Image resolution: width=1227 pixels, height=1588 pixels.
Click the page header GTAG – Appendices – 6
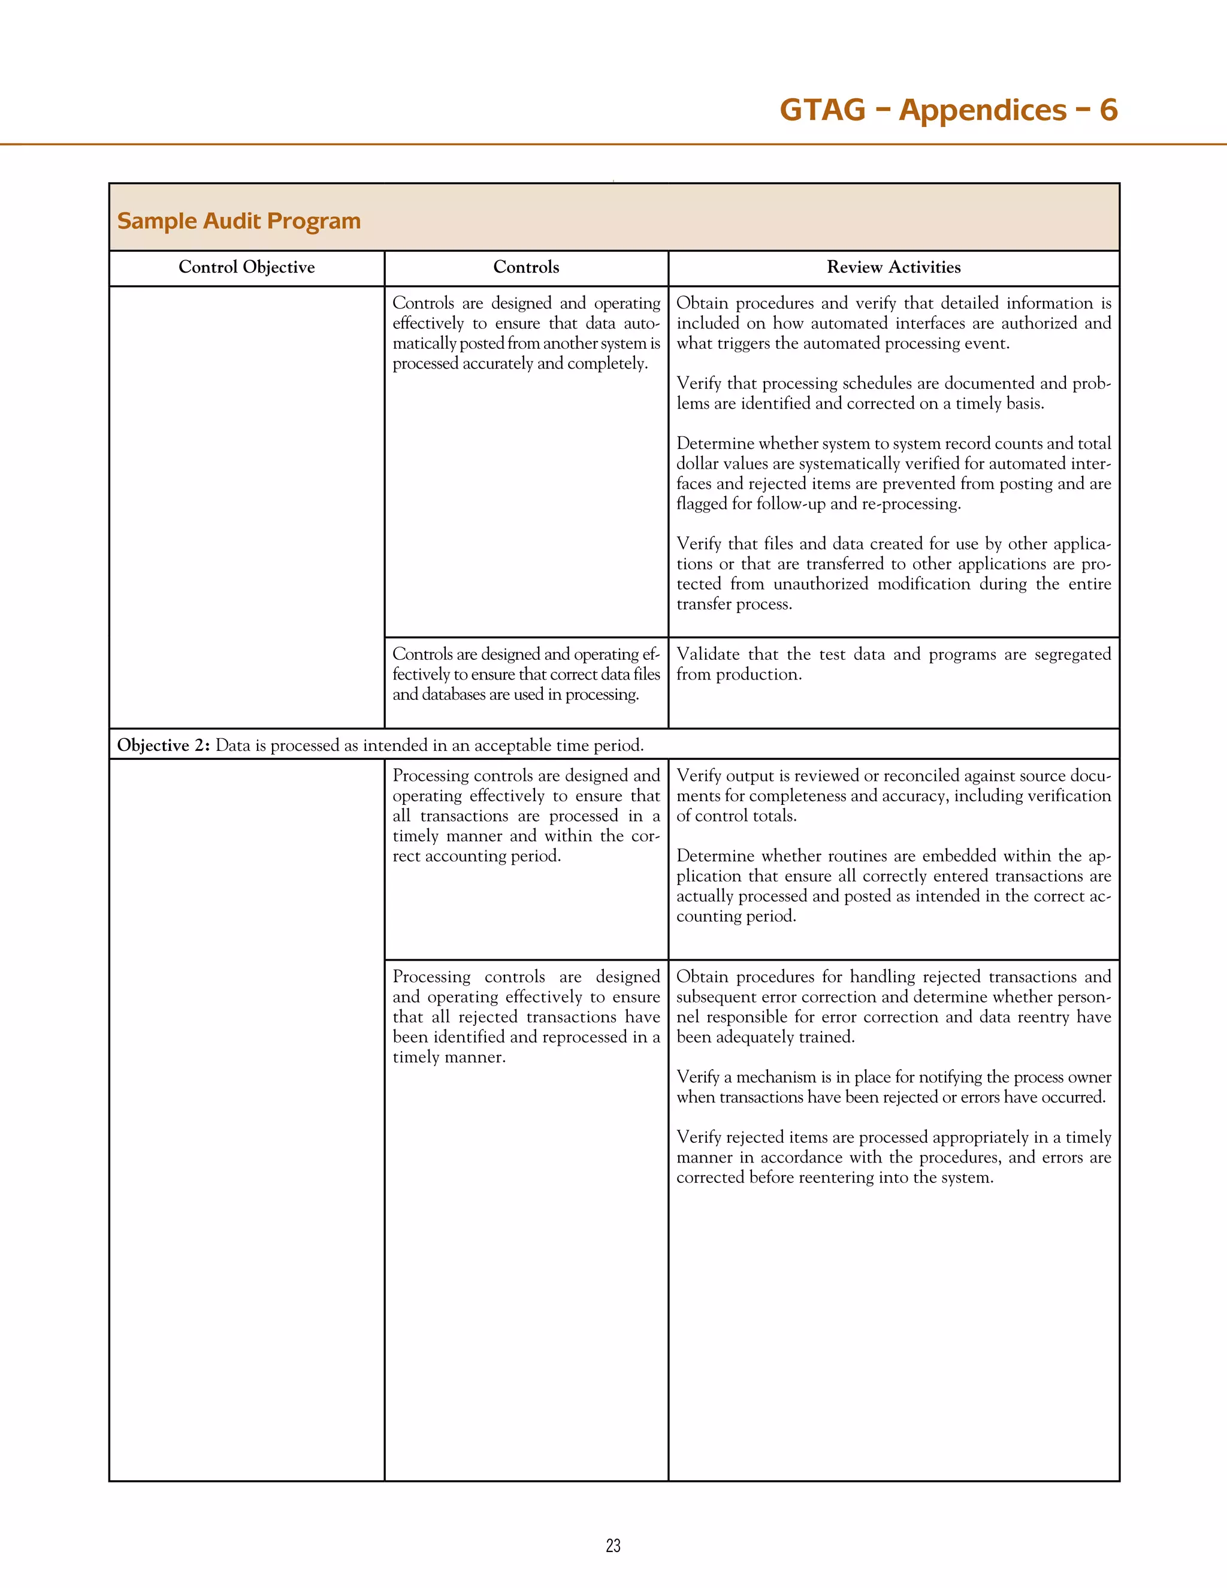(948, 110)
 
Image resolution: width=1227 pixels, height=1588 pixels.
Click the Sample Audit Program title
(238, 221)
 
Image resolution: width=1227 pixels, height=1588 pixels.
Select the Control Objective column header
(246, 268)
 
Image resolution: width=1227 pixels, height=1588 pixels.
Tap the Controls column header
(525, 268)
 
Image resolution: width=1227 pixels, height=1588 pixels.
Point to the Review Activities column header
(893, 268)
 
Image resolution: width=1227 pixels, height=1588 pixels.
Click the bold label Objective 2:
(164, 745)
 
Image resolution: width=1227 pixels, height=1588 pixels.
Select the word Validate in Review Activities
(708, 654)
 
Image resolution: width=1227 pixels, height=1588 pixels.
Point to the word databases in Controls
(453, 695)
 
